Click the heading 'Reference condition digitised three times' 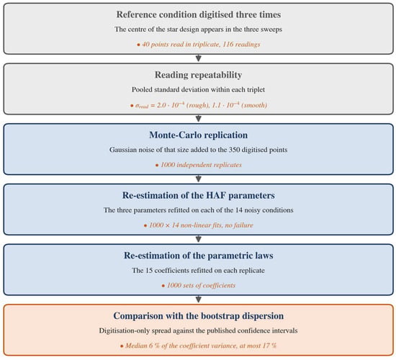[198, 14]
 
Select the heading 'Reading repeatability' [198, 75]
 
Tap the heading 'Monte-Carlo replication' [198, 135]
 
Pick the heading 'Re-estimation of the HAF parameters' [198, 195]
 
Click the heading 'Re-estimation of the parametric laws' [198, 256]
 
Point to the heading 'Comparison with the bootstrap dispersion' [198, 316]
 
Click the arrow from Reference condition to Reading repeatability [199, 58]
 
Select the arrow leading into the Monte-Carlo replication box [199, 118]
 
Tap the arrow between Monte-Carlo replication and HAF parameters [199, 179]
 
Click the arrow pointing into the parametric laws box [199, 239]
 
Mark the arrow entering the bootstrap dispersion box [199, 299]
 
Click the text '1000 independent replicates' [201, 165]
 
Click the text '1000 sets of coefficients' [201, 285]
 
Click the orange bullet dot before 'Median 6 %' [122, 346]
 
